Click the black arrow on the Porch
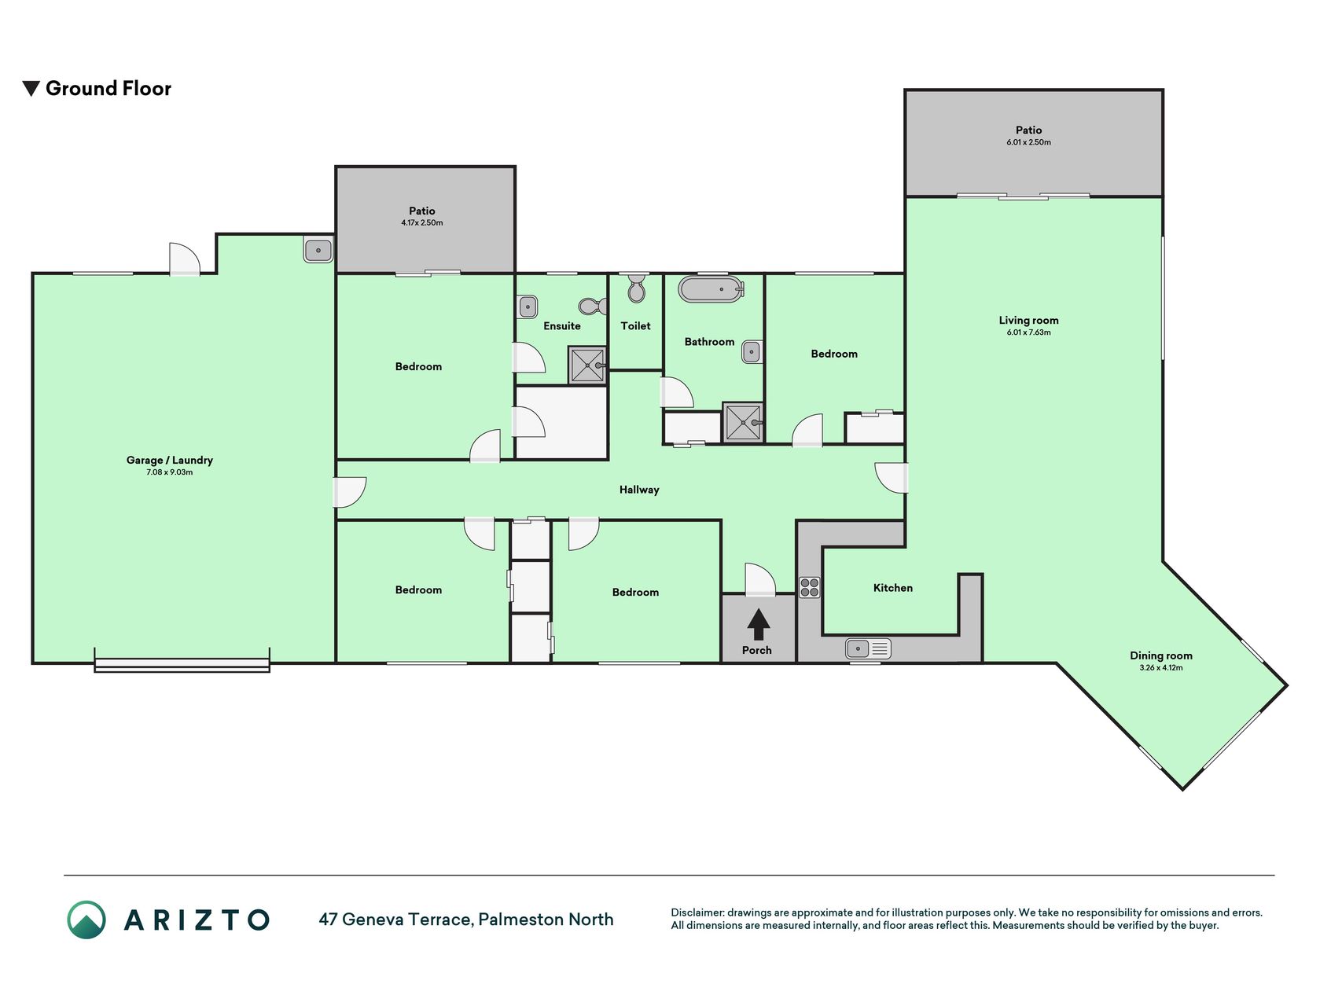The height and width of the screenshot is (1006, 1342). [758, 625]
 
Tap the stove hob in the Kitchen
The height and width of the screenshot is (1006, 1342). [810, 587]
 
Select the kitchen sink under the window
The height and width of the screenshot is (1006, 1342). [868, 648]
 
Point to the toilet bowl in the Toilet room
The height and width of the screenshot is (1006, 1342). [636, 288]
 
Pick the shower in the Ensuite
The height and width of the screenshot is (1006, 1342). [587, 365]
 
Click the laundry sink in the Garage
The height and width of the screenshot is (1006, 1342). [318, 250]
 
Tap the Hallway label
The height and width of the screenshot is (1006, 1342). [639, 490]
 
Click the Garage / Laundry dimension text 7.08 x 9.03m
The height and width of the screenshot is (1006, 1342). [170, 472]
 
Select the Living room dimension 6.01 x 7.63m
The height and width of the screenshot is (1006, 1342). [1028, 332]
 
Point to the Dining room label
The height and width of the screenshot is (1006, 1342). [1161, 655]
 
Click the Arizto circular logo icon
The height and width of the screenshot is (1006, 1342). [86, 920]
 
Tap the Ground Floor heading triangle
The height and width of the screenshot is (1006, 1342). [31, 88]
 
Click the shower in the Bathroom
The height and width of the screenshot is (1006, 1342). [743, 422]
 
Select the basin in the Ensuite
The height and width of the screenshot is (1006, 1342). [528, 307]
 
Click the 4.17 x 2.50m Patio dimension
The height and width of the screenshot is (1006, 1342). [422, 223]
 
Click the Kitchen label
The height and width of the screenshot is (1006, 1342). [893, 588]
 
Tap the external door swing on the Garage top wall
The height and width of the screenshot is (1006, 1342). [185, 259]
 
